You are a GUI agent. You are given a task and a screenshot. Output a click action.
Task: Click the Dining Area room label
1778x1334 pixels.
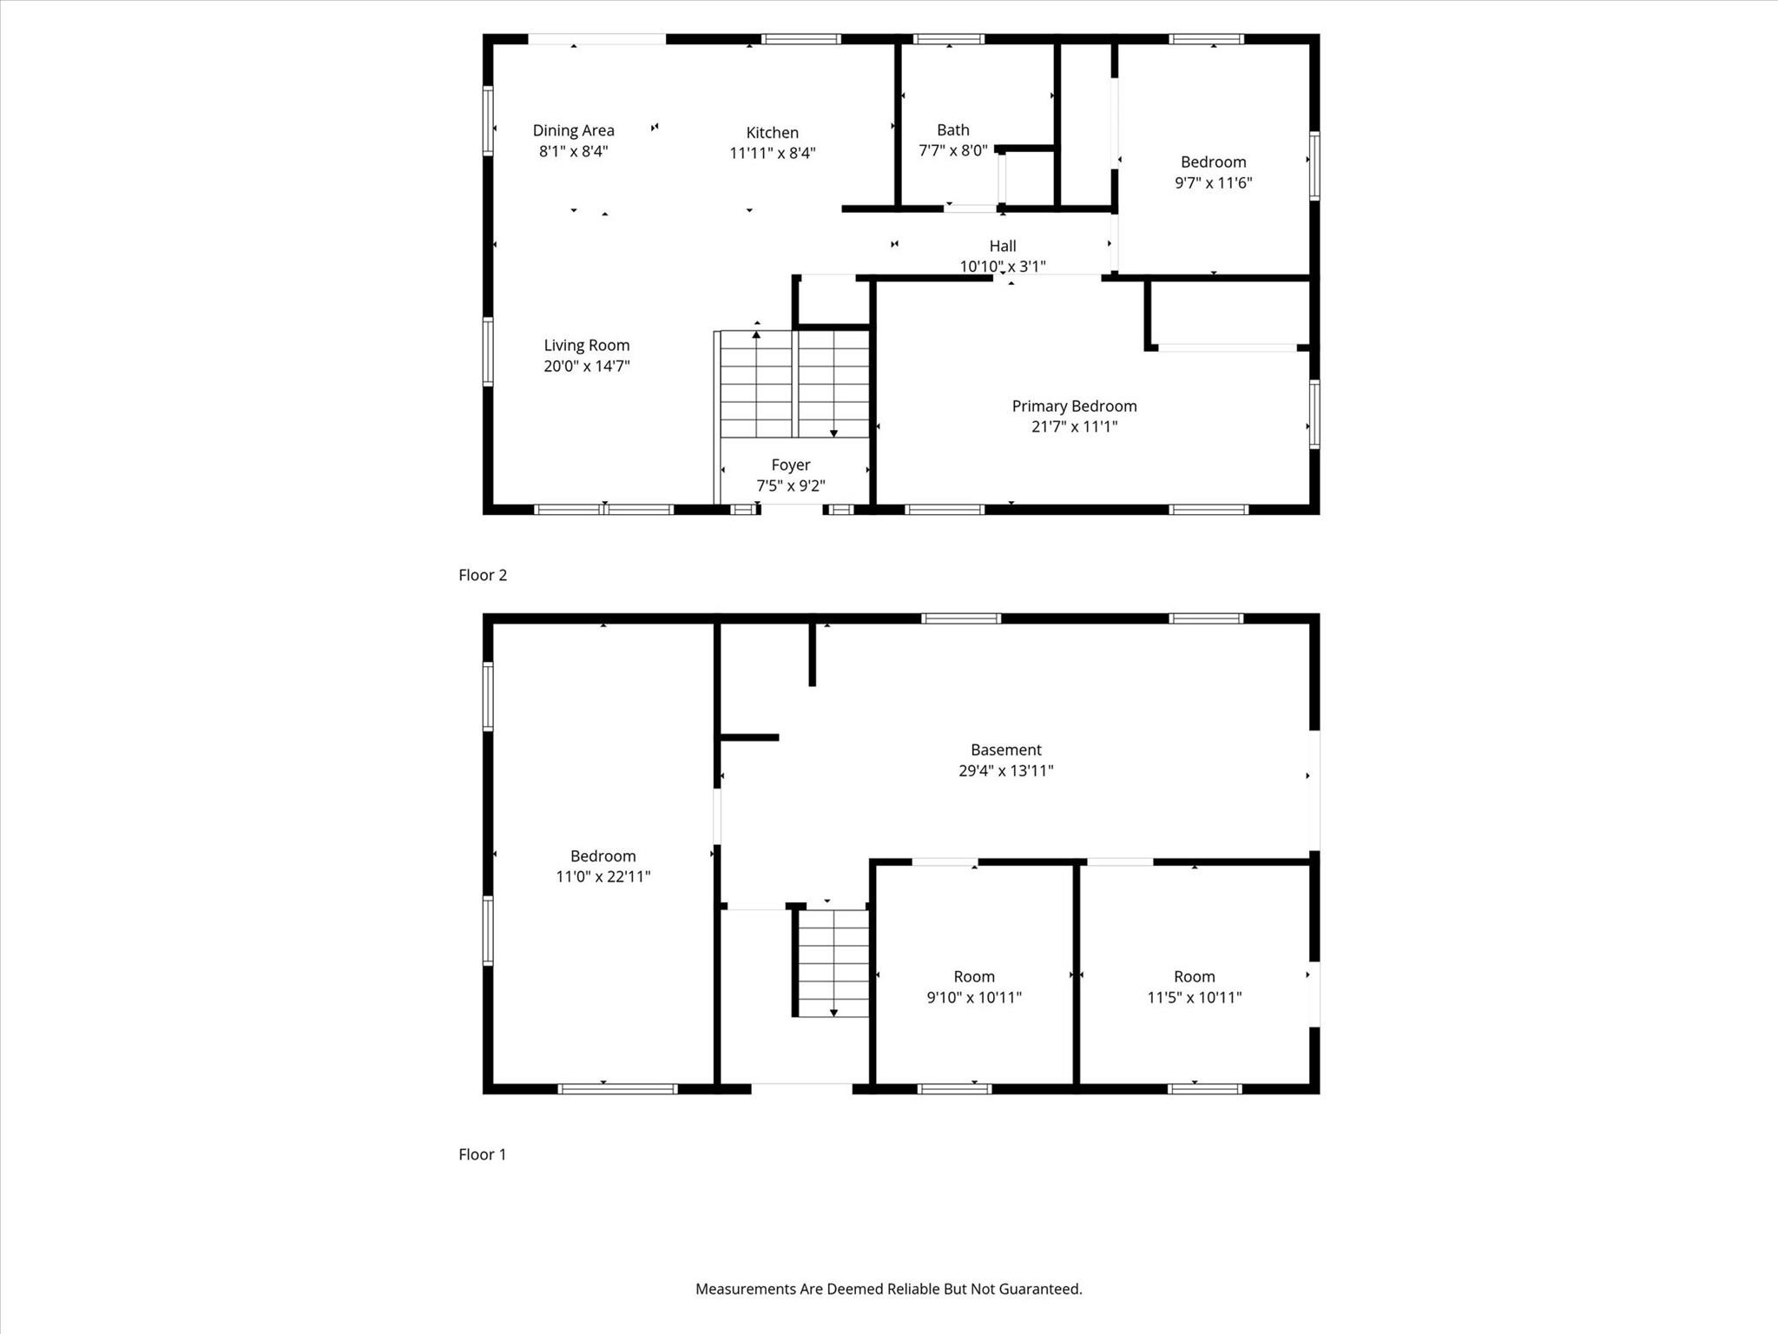pos(573,130)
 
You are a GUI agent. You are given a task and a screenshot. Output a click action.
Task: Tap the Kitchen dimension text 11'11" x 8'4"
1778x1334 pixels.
pos(773,154)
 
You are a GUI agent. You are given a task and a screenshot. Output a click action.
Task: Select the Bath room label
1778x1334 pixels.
pos(953,130)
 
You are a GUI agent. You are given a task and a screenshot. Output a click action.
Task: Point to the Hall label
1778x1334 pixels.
pos(1003,246)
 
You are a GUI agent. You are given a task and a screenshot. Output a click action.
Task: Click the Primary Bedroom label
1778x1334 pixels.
pos(1075,406)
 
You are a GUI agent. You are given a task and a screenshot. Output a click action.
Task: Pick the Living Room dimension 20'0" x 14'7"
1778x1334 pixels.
pos(587,367)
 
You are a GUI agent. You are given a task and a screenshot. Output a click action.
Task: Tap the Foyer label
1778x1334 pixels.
pos(791,466)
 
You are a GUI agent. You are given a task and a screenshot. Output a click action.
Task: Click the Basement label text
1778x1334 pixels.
pos(1006,750)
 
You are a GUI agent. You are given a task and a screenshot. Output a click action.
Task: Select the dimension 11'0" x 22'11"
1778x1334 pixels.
pos(603,877)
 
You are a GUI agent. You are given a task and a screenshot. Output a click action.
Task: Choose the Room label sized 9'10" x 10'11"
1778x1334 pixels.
pos(974,977)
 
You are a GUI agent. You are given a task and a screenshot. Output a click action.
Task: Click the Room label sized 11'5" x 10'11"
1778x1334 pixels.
pos(1195,977)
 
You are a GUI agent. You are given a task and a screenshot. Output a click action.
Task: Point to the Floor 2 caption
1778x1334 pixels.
pos(483,575)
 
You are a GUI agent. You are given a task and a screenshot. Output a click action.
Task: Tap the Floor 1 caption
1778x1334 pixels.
pos(482,1154)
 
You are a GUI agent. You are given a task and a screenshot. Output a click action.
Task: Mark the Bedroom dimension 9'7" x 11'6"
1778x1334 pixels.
pos(1214,183)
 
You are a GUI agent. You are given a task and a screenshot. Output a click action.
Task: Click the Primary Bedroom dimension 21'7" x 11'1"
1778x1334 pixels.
pos(1075,427)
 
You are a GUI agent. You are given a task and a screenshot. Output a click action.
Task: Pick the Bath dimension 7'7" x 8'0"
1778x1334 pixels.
pos(953,151)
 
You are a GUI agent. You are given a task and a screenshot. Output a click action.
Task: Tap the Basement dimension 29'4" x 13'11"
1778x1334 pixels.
pos(1006,770)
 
